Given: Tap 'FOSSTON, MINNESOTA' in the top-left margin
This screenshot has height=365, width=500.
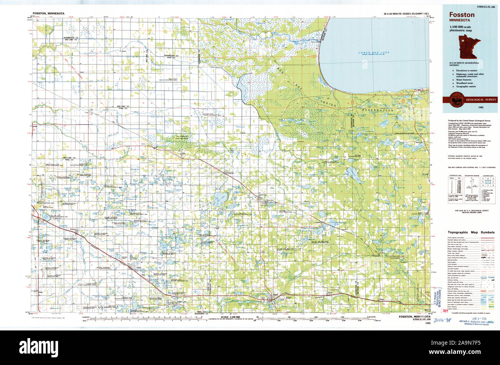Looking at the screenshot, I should click(48, 13).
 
